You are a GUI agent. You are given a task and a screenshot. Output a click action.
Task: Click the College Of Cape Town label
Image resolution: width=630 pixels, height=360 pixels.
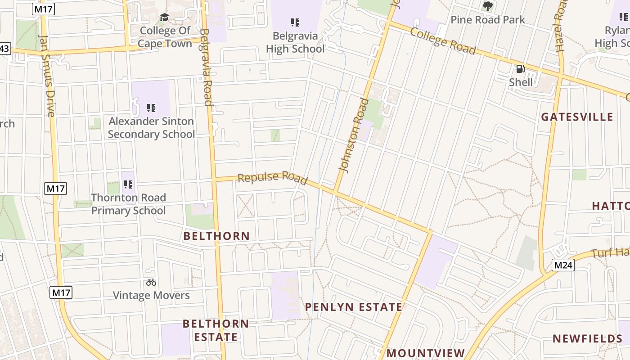point(164,37)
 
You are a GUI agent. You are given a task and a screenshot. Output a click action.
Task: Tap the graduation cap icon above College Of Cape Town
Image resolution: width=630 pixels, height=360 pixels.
point(164,17)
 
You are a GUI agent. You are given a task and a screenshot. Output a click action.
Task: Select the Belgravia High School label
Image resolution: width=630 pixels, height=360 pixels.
point(295,42)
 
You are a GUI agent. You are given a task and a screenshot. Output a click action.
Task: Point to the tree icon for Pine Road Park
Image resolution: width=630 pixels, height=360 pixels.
point(487,6)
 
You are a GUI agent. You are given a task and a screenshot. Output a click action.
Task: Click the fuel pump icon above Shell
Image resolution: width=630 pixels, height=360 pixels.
point(521,69)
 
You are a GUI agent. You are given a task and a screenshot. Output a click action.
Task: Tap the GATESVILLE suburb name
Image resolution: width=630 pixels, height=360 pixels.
point(577,117)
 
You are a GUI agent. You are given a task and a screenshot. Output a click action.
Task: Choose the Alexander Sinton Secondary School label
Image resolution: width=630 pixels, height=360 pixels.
point(151,128)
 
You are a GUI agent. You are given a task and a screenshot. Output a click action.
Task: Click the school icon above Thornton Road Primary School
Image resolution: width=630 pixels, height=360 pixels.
point(128,184)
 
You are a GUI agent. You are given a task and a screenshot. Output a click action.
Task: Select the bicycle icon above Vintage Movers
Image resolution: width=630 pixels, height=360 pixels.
point(151,282)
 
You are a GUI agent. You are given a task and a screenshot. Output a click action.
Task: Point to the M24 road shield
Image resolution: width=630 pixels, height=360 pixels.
point(563,265)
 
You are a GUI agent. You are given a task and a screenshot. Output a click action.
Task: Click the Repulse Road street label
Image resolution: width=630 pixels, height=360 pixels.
point(272,178)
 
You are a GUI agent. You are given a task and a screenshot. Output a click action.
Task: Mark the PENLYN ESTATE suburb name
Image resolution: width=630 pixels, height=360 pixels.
point(354,307)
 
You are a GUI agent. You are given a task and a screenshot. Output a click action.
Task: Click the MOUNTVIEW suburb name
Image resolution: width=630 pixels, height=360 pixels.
point(426,353)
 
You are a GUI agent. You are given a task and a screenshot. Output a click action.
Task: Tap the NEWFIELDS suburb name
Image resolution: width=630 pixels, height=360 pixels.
point(587,338)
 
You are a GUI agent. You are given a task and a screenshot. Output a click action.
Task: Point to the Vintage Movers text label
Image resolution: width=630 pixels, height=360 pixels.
point(151,295)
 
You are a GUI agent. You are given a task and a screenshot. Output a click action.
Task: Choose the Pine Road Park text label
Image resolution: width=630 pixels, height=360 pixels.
point(488,20)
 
